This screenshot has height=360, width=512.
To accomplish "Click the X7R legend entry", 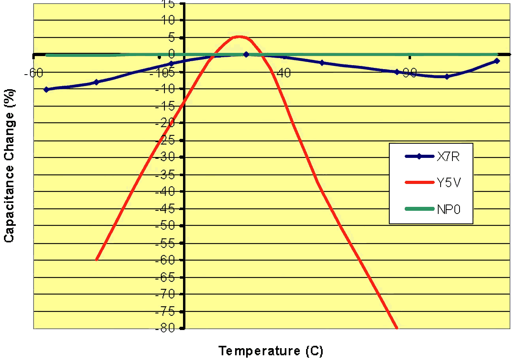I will coord(448,157).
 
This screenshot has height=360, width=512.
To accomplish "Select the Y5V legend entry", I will coord(448,183).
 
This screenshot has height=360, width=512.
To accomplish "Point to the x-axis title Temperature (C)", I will coord(271,351).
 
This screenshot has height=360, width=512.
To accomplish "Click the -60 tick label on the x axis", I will coord(34,74).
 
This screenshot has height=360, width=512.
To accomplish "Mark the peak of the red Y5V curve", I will coord(238,37).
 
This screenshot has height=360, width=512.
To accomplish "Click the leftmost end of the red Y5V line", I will coord(96,260).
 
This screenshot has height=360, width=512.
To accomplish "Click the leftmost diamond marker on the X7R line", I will coord(47,90).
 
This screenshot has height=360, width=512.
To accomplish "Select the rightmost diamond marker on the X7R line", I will coord(497,61).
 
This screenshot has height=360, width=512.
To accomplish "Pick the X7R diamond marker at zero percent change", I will coord(246,54).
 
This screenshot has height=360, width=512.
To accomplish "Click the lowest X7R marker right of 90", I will coord(447,77).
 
